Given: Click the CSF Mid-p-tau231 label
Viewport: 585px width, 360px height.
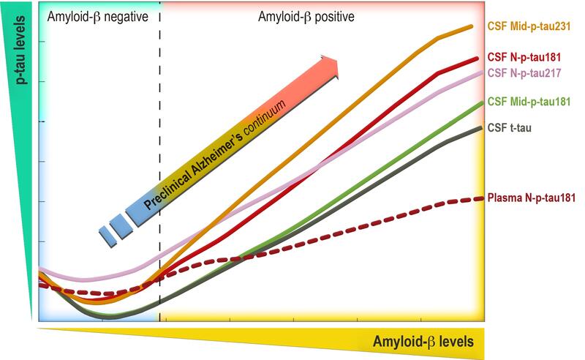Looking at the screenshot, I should click(x=534, y=26).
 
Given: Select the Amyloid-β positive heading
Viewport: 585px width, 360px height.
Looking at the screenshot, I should click(x=306, y=15).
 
